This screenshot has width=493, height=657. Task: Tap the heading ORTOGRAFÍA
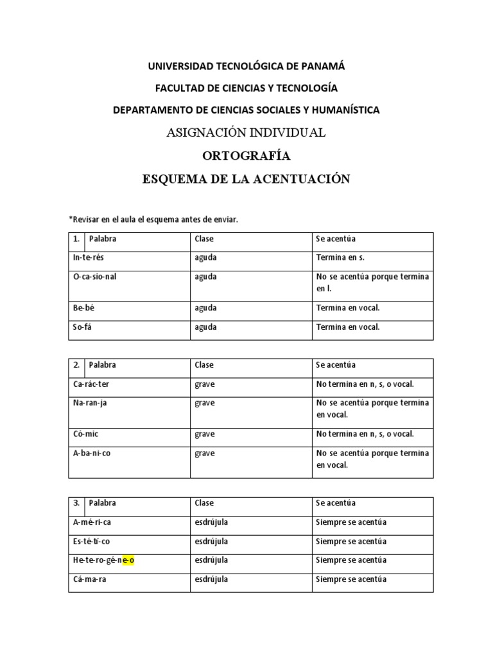[x=246, y=156]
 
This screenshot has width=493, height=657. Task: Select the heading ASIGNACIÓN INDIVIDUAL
[x=246, y=133]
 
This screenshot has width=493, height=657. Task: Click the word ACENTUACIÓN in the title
[x=302, y=179]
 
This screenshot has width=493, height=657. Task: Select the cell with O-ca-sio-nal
[x=95, y=277]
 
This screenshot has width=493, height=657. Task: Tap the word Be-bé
[x=84, y=308]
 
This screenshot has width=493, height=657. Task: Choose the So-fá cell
[x=83, y=327]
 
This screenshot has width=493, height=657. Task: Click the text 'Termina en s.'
[x=340, y=258]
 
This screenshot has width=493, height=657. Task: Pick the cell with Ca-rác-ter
[x=92, y=384]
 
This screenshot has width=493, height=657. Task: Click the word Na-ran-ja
[x=90, y=403]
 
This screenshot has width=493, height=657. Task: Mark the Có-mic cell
[x=85, y=434]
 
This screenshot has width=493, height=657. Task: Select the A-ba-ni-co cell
[x=92, y=453]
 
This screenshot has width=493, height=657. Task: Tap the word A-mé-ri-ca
[x=92, y=522]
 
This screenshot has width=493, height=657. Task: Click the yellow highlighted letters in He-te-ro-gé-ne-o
[x=128, y=560]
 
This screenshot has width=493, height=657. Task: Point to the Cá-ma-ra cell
[x=89, y=579]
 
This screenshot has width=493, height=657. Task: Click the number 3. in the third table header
[x=76, y=503]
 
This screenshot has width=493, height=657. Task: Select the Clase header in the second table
[x=204, y=365]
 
